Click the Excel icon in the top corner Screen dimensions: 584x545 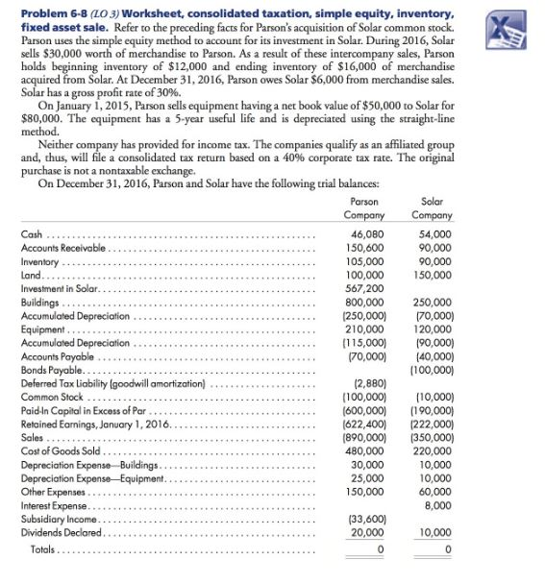tap(521, 21)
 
